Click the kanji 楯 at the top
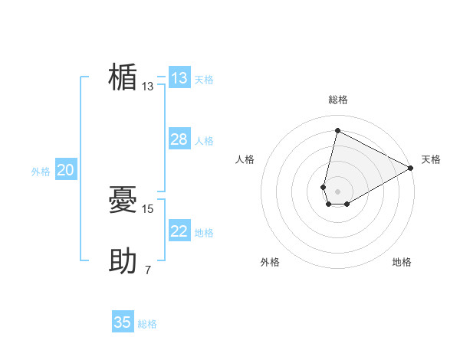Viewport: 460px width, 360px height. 123,78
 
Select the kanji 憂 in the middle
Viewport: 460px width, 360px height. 123,201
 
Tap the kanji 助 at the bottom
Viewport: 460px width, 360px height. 123,262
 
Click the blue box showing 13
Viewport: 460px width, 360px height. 179,78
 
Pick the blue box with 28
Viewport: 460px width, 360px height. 179,139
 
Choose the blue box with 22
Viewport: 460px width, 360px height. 179,231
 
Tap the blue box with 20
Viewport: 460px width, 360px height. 66,170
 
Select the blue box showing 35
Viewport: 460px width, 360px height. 123,322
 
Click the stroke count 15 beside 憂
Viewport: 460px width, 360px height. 149,208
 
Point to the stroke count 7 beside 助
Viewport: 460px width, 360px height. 148,270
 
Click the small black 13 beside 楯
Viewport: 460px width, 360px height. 148,87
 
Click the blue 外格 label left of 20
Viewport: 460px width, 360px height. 41,172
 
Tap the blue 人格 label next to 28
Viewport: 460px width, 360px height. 204,141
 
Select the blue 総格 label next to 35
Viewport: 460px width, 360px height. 147,324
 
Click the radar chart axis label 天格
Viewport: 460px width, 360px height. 431,159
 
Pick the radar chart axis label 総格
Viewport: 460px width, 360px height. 337,100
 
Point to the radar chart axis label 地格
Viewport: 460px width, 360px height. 402,262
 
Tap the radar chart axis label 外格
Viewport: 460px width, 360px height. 270,262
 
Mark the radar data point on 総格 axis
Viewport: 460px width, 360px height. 337,130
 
